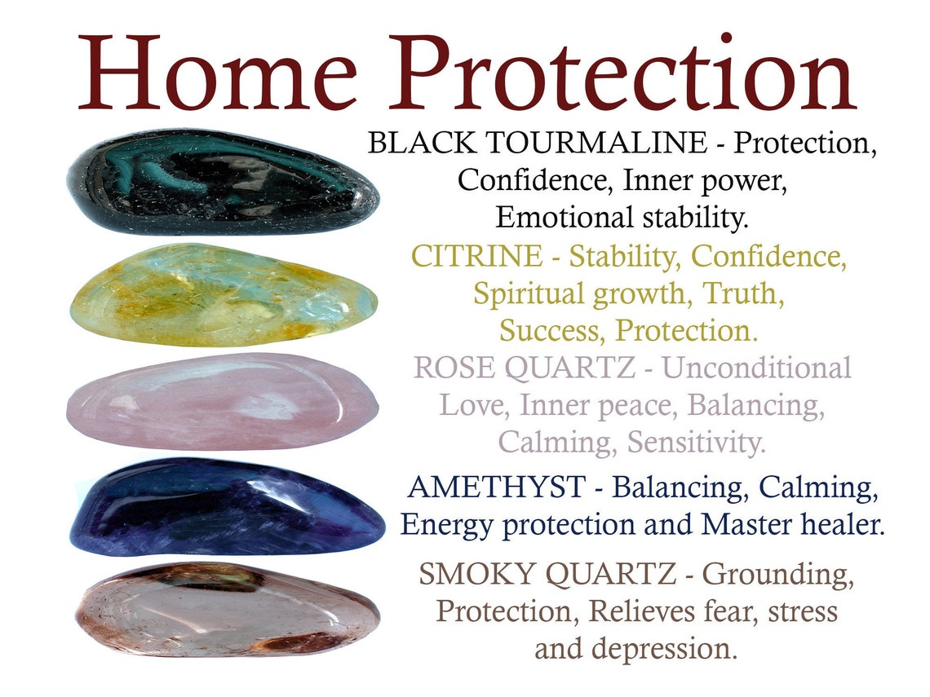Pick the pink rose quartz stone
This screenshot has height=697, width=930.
pyautogui.click(x=222, y=401)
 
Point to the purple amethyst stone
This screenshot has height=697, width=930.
pyautogui.click(x=226, y=506)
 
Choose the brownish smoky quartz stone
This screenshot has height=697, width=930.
pyautogui.click(x=226, y=607)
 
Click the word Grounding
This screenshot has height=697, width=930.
pyautogui.click(x=778, y=576)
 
